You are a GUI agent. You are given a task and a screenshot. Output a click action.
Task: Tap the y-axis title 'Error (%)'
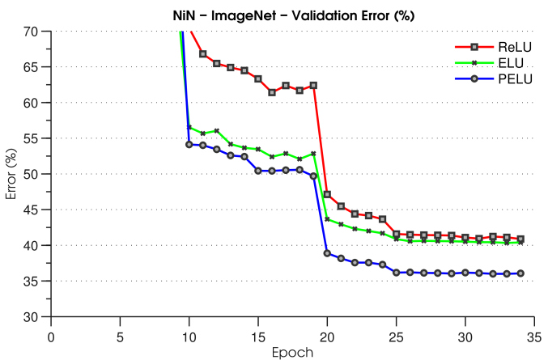point(11,174)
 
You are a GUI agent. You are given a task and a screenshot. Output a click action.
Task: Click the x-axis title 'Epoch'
point(292,352)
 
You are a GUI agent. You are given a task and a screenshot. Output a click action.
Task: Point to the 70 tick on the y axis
point(36,32)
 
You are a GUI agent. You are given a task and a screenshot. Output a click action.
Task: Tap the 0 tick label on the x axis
point(51,334)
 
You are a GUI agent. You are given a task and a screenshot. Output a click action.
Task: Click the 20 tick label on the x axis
point(327,334)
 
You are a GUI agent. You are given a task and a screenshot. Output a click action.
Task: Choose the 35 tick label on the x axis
point(534,334)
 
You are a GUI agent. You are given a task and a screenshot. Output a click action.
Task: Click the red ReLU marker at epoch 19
point(313,85)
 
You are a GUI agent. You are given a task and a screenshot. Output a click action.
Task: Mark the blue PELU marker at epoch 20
point(327,253)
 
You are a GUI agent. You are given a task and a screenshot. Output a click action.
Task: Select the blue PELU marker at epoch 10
point(189,145)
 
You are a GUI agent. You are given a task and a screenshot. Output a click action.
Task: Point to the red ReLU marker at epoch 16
point(272,92)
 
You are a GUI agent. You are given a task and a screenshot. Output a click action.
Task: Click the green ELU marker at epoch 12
point(217,131)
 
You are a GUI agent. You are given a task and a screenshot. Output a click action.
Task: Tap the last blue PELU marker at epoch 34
point(520,273)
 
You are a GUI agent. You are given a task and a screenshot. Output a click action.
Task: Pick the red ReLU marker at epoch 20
point(327,194)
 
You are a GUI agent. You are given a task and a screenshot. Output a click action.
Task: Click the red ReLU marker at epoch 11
point(203,53)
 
